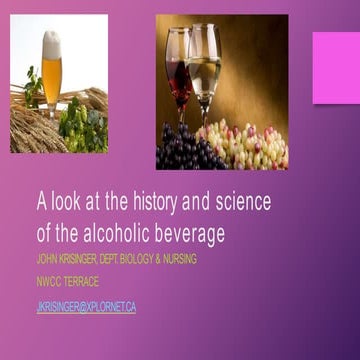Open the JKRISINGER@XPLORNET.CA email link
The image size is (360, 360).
(x=86, y=307)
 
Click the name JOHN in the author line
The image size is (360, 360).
(x=46, y=259)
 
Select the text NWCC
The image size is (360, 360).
(x=47, y=282)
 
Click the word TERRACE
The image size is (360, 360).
(x=79, y=282)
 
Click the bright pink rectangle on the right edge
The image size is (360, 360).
(x=336, y=68)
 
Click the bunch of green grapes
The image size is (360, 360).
(x=245, y=145)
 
